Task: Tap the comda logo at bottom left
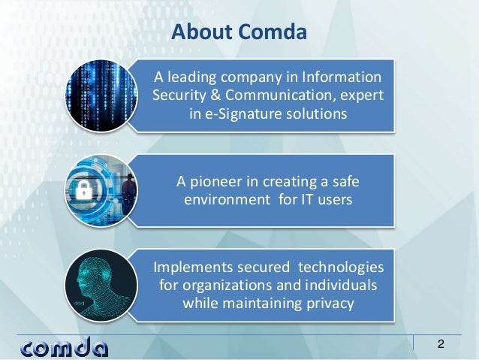pyautogui.click(x=65, y=347)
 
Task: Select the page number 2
pyautogui.click(x=441, y=345)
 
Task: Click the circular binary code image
pyautogui.click(x=99, y=95)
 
